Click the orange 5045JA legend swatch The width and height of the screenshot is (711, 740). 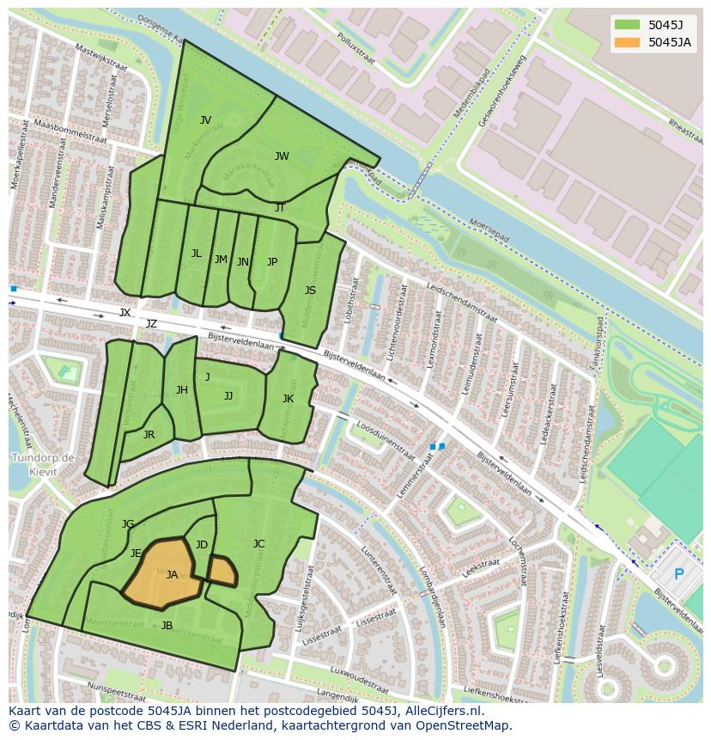(x=627, y=42)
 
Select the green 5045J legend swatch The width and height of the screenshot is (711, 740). (x=627, y=25)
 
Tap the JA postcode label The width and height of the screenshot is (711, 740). (x=172, y=575)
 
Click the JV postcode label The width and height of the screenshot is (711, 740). (x=205, y=120)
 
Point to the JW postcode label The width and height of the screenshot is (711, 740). (x=282, y=156)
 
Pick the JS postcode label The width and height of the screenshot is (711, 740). (x=310, y=290)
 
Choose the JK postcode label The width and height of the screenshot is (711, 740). (x=288, y=399)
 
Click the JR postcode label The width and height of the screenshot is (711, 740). (x=149, y=435)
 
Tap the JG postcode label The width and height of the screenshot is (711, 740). (x=128, y=524)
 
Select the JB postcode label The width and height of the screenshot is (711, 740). (x=167, y=626)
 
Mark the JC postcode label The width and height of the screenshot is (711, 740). (x=258, y=544)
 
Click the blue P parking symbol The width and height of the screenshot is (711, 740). (x=678, y=574)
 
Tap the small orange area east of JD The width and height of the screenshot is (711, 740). (x=222, y=571)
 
